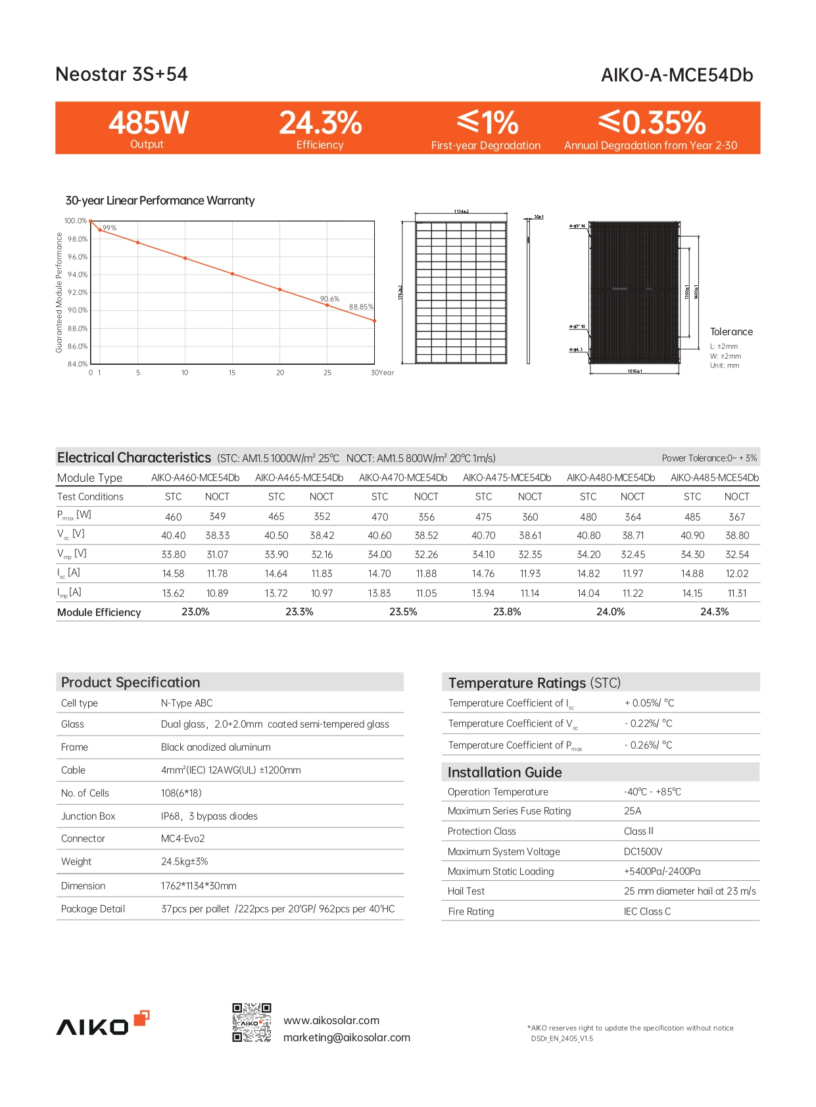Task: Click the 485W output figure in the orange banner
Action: (149, 123)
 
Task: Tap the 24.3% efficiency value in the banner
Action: (320, 123)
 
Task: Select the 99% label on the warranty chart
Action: (109, 228)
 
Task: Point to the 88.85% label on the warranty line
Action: (361, 307)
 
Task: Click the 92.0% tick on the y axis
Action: (77, 293)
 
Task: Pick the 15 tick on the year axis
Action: (232, 373)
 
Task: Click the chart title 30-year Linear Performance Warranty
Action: (160, 200)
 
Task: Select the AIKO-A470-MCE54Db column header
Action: (403, 478)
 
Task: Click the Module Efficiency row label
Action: (99, 612)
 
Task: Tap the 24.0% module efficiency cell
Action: (610, 612)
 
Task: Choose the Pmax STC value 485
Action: (692, 517)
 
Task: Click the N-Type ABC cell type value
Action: (187, 703)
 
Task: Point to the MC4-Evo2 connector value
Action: (183, 839)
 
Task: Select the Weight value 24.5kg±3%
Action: (184, 862)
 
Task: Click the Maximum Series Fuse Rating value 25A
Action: (633, 811)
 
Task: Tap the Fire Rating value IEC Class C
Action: (647, 912)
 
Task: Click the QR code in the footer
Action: (252, 1022)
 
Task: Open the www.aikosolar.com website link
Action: (331, 1020)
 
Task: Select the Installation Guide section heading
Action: (505, 772)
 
